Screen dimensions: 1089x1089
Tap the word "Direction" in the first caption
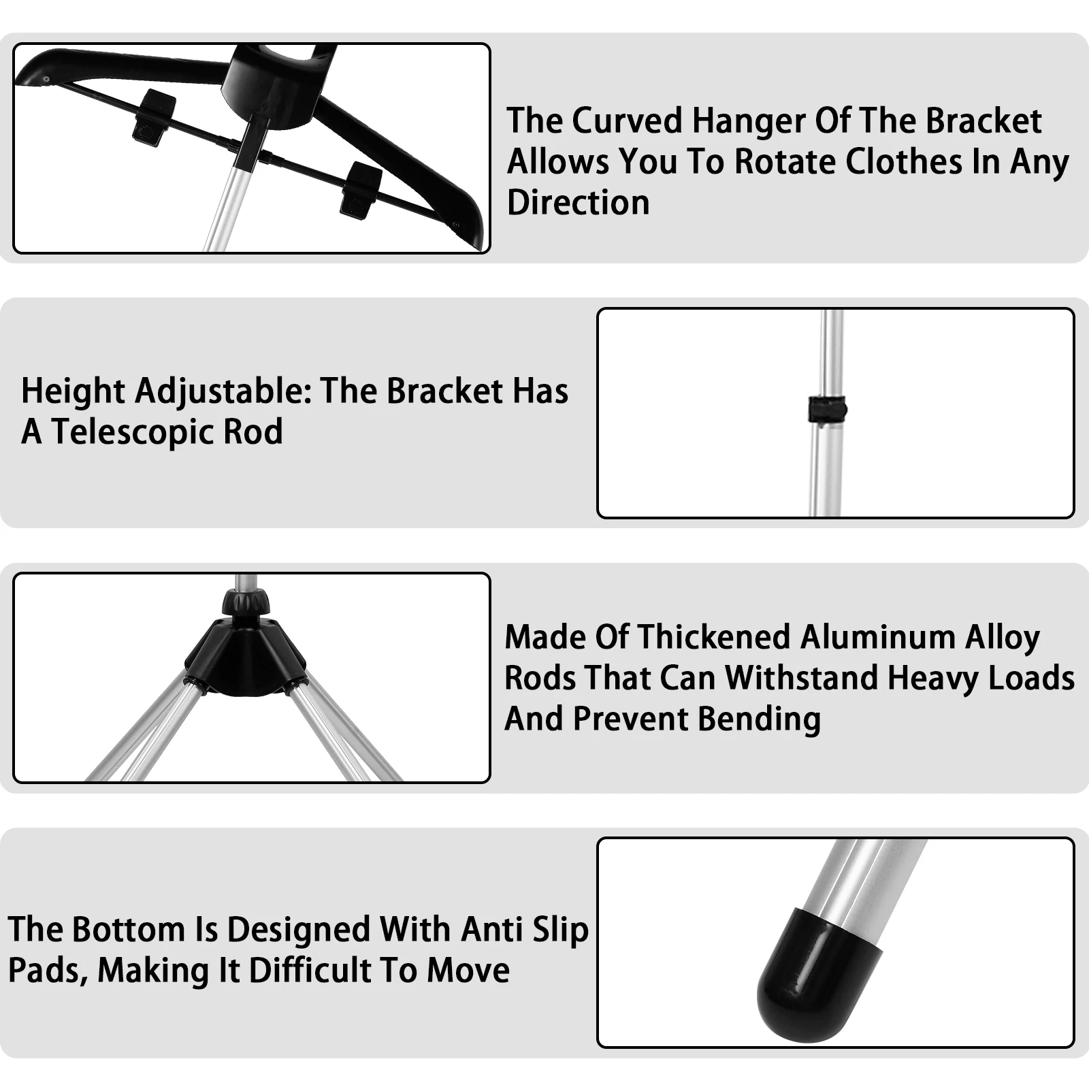(578, 203)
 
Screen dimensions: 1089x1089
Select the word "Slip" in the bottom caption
(560, 930)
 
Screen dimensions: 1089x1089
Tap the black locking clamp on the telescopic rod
(827, 410)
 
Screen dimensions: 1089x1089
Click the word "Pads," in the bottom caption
(48, 971)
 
